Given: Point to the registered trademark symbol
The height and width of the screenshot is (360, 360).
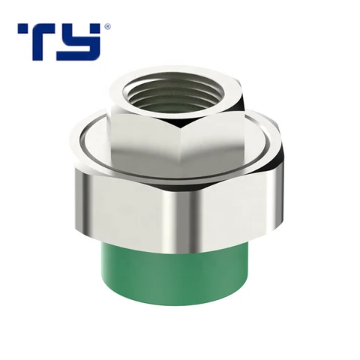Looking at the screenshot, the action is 107,26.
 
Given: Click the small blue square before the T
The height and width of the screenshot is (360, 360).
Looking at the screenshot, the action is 22,28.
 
